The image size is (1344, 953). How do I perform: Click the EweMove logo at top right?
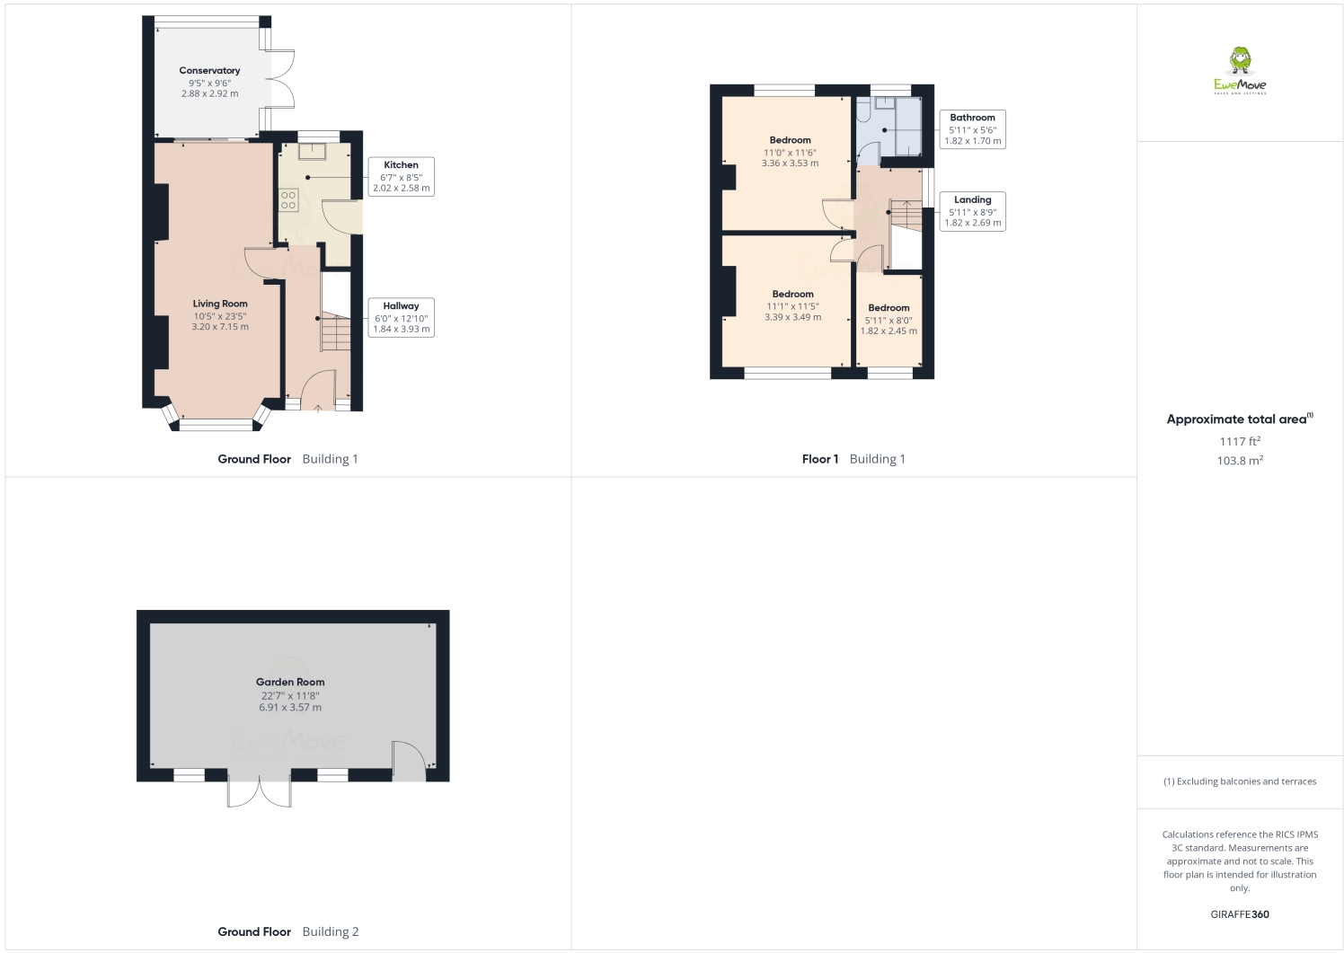(1240, 71)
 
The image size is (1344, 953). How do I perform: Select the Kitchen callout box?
(401, 177)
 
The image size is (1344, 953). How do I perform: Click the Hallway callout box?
(401, 318)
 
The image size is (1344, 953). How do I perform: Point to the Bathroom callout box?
(972, 129)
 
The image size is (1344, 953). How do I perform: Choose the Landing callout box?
(972, 211)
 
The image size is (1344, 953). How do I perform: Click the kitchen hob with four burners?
(288, 199)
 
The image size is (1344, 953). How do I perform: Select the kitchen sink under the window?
(312, 151)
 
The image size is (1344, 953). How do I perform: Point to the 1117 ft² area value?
(1240, 441)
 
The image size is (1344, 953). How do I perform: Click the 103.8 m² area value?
(1240, 460)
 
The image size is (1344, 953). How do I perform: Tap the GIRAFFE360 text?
(1240, 914)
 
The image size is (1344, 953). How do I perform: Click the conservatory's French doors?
(282, 77)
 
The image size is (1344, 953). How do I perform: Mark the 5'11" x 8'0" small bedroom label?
(889, 319)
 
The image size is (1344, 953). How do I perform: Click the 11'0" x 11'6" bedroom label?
(790, 152)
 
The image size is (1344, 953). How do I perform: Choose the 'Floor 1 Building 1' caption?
(853, 459)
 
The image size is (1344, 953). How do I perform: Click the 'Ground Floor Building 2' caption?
(287, 931)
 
